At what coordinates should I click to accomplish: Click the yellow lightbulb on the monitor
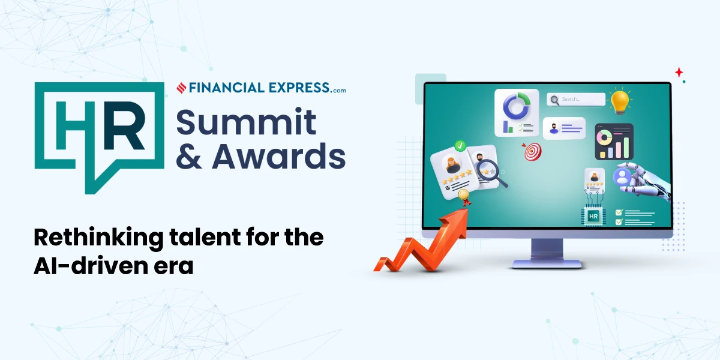(620, 101)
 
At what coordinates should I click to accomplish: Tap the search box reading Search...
(576, 100)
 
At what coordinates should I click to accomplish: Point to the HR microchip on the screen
(593, 215)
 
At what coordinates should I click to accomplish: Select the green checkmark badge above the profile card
(461, 145)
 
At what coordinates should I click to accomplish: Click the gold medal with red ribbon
(463, 196)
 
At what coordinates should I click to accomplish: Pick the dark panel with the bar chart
(614, 142)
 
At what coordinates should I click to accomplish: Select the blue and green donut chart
(515, 106)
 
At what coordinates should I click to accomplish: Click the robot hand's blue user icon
(622, 177)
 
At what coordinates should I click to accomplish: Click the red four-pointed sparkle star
(679, 72)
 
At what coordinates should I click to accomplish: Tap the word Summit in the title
(246, 122)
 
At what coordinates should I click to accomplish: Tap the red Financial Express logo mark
(181, 88)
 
